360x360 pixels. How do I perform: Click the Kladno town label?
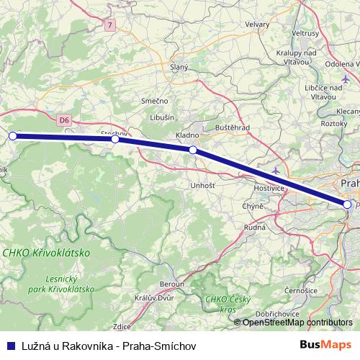coord(187,135)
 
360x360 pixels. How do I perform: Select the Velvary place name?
coord(257,24)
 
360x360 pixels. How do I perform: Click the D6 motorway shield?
coord(65,120)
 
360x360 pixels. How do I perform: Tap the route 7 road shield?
coord(109,24)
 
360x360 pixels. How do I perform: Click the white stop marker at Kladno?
coord(193,150)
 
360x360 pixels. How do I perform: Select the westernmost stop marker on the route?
coord(12,135)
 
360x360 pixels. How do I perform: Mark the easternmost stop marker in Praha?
coord(347,204)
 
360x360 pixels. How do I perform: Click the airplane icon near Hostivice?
coord(277,171)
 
